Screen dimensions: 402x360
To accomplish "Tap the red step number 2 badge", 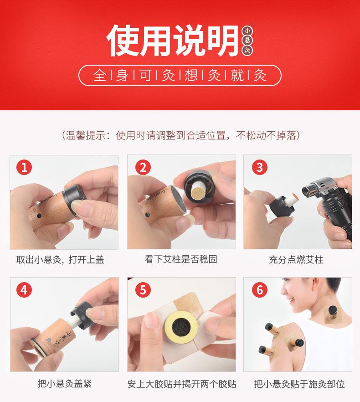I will point(142,167).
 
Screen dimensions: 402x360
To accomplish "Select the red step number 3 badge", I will point(259,167).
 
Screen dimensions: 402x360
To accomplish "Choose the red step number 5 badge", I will point(142,290).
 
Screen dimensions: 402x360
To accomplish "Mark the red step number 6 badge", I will point(259,290).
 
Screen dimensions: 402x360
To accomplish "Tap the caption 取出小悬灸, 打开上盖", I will point(60,260).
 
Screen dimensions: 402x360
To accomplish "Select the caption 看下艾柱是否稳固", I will point(181,260).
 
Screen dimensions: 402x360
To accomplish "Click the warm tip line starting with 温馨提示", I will point(180,135).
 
